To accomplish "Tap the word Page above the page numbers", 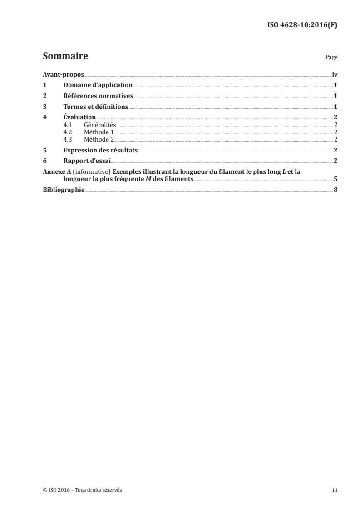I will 331,58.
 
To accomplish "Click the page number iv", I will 334,75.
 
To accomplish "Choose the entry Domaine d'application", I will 98,85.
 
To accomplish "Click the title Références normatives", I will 98,96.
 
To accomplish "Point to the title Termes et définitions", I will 96,107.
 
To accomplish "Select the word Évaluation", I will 79,117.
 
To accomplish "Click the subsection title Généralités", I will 100,124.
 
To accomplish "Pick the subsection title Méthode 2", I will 99,139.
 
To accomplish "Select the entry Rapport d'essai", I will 87,161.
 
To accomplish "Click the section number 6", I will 44,161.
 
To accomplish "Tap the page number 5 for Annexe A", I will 335,179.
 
